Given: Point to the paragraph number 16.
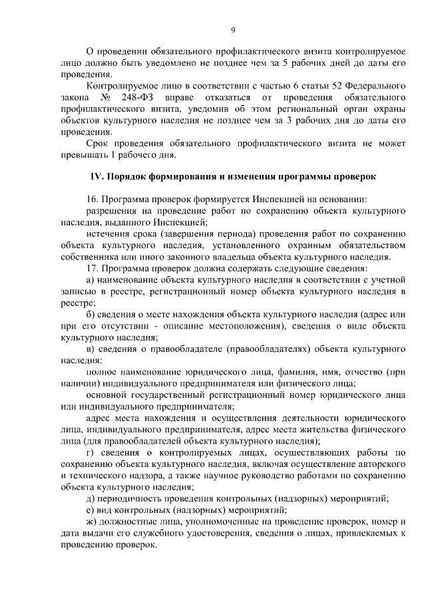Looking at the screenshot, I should tap(93, 199).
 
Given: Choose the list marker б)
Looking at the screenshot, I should tap(91, 314).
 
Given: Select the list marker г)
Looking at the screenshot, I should tap(91, 453).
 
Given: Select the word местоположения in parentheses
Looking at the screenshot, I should tap(236, 326).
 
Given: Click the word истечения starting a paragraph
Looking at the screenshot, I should tap(109, 233).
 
